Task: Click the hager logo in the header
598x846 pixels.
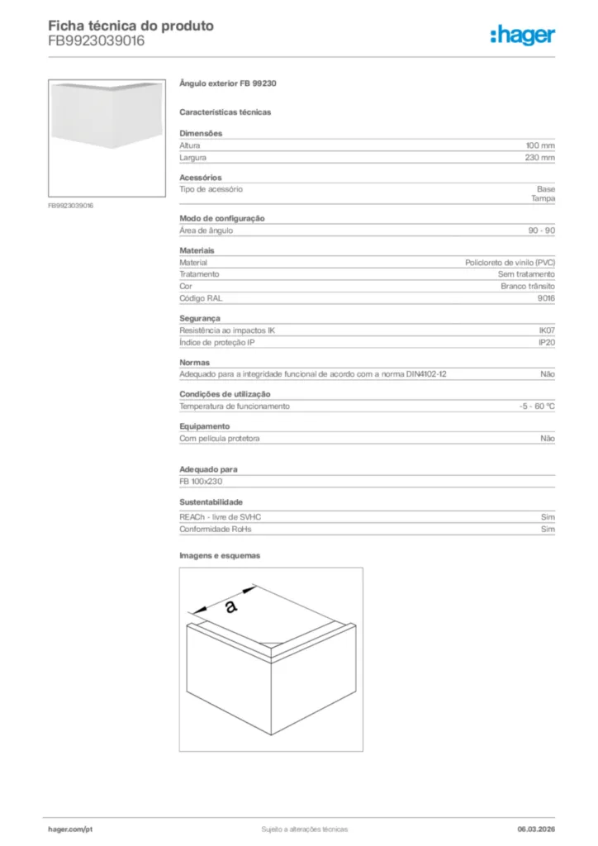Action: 522,34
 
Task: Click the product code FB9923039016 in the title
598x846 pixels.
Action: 96,40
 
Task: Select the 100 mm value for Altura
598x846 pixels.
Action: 540,145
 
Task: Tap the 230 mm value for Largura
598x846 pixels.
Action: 540,157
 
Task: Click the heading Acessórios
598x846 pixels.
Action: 200,178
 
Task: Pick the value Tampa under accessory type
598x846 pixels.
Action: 543,198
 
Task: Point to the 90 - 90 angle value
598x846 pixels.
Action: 542,231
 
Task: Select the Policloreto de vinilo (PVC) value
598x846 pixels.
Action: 510,263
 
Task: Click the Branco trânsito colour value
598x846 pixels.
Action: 528,286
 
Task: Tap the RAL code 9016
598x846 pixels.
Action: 546,297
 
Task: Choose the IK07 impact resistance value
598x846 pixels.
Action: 547,330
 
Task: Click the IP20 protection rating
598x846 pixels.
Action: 547,342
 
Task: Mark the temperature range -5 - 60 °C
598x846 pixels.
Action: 531,406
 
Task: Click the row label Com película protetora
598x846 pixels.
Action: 220,439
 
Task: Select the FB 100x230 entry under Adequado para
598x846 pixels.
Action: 202,482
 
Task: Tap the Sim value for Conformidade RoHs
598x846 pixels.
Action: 548,529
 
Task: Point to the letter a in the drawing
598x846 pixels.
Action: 230,606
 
